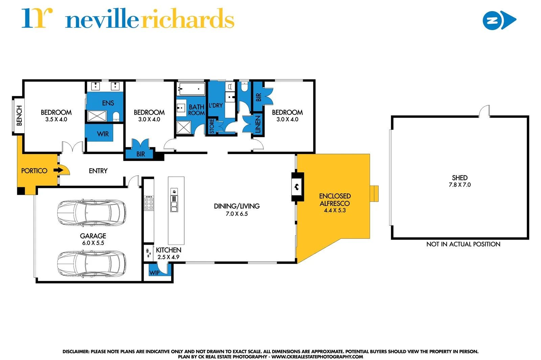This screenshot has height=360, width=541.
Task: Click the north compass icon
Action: click(x=499, y=20)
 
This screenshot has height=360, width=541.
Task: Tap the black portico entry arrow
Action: click(x=58, y=170)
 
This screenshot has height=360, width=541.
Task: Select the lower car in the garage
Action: click(x=91, y=264)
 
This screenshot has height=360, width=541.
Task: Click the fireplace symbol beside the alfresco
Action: click(x=297, y=187)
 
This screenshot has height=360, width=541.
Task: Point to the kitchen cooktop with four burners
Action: click(x=149, y=203)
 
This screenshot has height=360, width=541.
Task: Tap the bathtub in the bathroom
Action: click(x=191, y=89)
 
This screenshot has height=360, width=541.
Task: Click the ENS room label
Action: click(x=108, y=103)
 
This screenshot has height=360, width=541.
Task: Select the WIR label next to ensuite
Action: click(x=103, y=134)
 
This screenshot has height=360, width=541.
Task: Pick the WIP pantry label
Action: click(x=154, y=272)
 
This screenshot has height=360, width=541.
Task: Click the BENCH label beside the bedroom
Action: click(x=19, y=116)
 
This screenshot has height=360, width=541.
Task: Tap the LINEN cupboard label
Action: click(x=258, y=124)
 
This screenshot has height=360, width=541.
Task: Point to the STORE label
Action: click(x=212, y=126)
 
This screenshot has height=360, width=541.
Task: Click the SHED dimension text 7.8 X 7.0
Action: click(x=460, y=185)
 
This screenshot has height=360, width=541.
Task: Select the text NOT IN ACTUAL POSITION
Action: click(x=463, y=244)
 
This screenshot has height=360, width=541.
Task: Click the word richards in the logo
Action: click(x=187, y=20)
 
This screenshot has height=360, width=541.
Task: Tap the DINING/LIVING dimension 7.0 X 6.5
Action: click(x=237, y=214)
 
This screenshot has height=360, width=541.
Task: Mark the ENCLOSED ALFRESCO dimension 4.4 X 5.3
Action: click(x=335, y=210)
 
